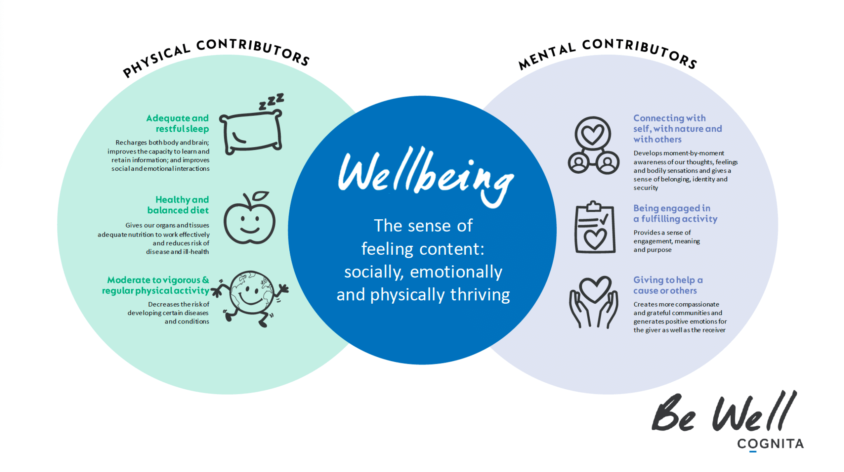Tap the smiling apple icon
tap(249, 223)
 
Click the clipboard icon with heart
tap(595, 228)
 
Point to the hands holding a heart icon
tap(594, 302)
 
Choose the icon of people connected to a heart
tap(593, 145)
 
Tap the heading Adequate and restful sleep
tap(178, 123)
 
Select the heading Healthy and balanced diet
tap(178, 205)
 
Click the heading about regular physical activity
tap(157, 285)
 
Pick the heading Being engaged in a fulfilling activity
tap(675, 214)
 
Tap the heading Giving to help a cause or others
tap(668, 285)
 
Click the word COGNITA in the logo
tap(770, 444)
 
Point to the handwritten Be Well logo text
tap(723, 413)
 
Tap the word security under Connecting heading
tap(646, 188)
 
